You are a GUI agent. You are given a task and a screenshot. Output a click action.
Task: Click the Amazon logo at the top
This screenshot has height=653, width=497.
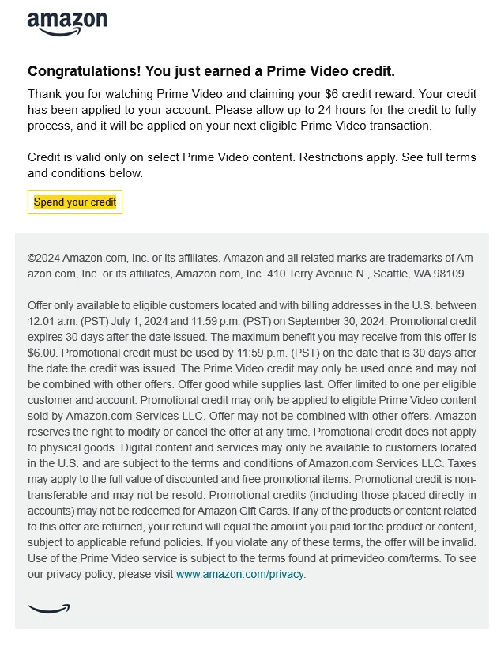click(67, 24)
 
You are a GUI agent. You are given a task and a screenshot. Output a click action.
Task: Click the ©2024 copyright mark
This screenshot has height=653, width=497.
click(43, 259)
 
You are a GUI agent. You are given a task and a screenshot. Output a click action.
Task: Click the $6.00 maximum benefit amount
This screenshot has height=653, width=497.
click(42, 353)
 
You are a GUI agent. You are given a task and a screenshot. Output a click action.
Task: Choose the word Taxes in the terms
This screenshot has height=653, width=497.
click(458, 463)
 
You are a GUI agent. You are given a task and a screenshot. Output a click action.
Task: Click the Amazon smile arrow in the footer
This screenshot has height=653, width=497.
click(48, 608)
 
